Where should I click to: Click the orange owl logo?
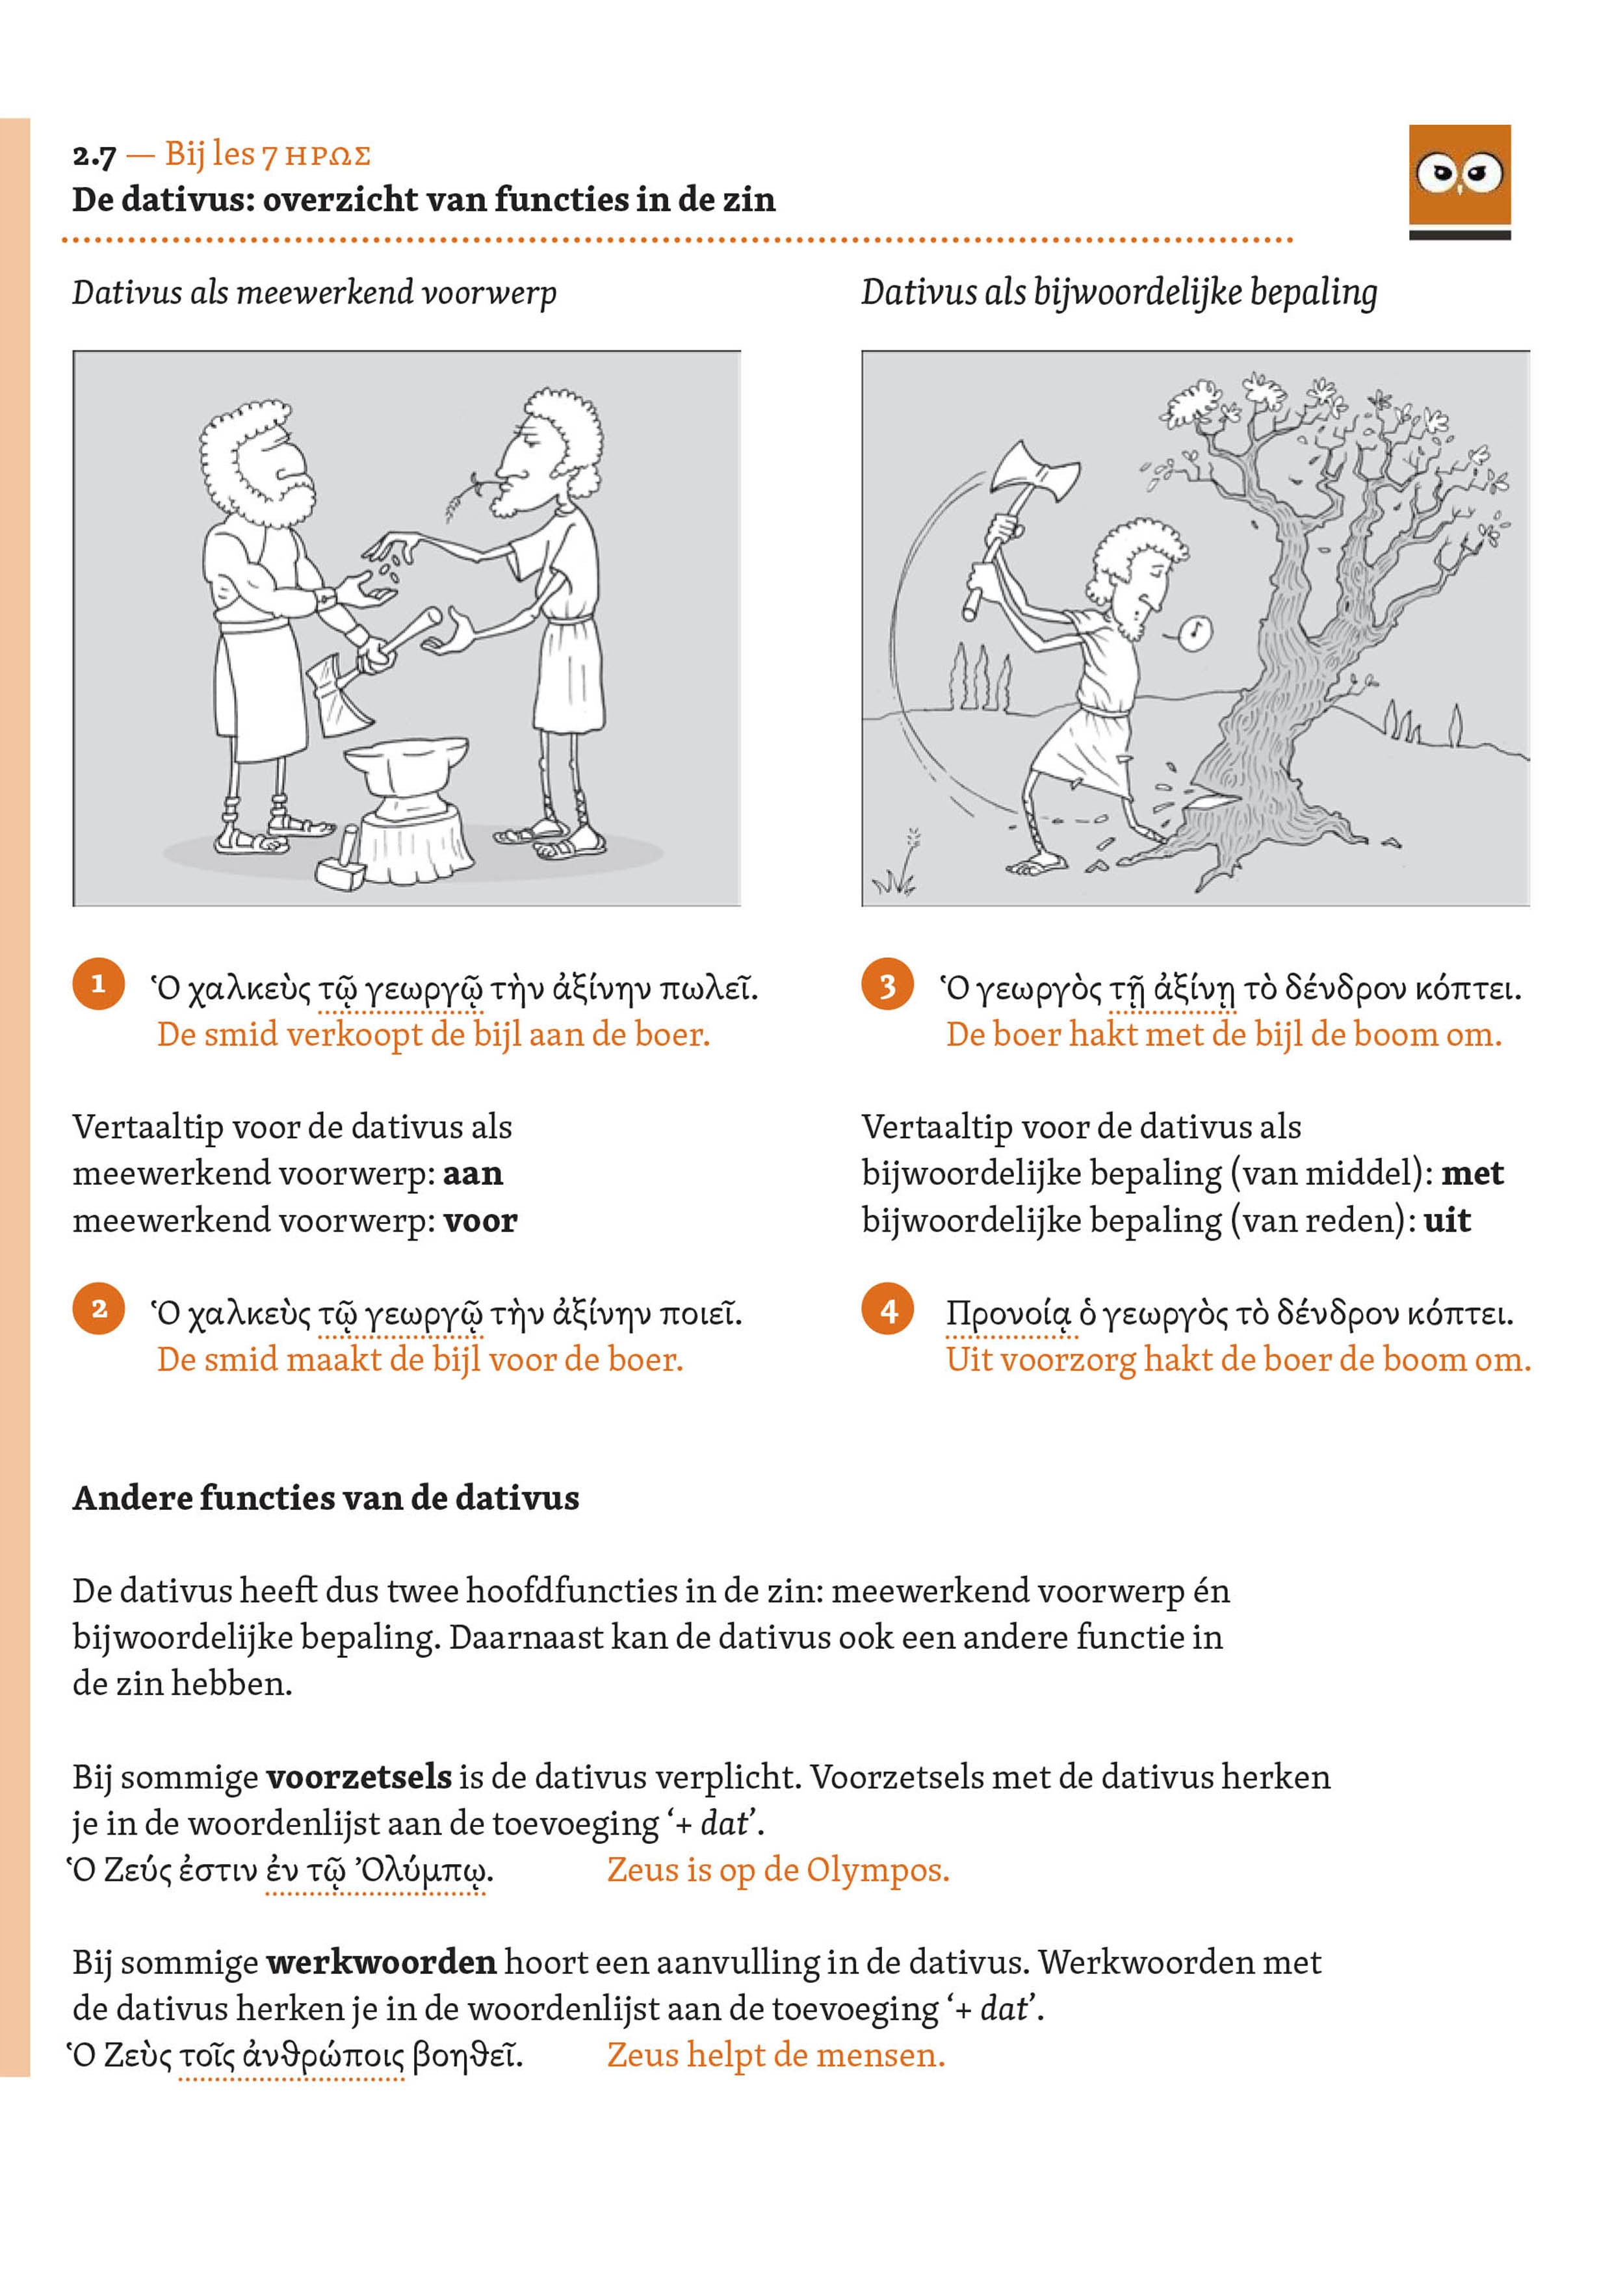[1459, 175]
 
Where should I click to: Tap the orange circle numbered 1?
[98, 984]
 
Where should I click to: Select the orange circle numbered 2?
[98, 1309]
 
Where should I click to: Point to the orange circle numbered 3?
[888, 985]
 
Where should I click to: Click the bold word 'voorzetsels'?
[359, 1776]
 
